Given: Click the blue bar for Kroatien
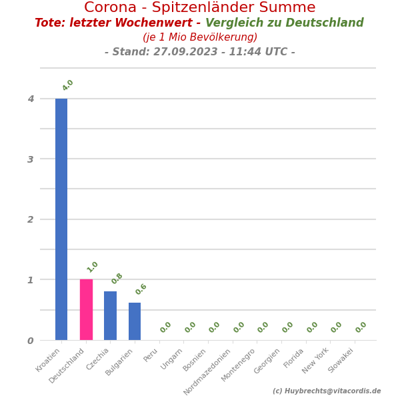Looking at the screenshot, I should click(61, 219).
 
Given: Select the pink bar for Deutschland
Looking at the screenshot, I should click(86, 309).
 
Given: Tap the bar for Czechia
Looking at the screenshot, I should click(110, 315).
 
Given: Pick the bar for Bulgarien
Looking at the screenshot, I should click(135, 321).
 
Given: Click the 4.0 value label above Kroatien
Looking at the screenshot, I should click(68, 85).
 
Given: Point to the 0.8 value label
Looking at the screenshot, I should click(117, 279).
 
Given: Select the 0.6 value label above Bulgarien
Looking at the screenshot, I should click(141, 289).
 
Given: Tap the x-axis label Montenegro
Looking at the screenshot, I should click(239, 365).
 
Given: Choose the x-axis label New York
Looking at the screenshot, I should click(316, 361).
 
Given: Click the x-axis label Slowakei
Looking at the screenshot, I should click(341, 360).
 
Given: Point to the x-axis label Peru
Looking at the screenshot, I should click(151, 355).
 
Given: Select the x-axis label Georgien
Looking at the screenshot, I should click(267, 361).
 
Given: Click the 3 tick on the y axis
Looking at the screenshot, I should click(31, 159).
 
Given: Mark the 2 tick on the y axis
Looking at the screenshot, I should click(31, 219).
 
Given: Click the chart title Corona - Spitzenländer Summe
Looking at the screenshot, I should click(199, 8).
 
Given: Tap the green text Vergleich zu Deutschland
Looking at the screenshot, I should click(285, 23).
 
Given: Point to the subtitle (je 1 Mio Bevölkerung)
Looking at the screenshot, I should click(200, 37).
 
